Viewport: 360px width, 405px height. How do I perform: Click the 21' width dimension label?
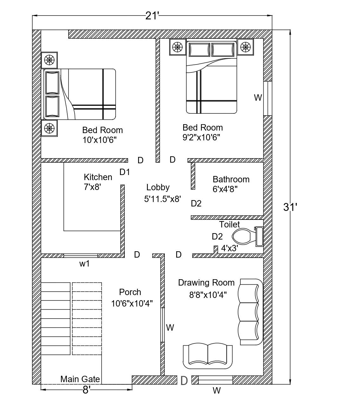[152, 16]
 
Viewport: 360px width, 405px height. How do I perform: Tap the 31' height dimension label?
[290, 207]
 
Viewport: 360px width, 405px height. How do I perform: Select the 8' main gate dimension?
[86, 390]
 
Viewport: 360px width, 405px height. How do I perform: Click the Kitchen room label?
[98, 177]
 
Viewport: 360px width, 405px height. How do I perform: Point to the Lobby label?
[158, 187]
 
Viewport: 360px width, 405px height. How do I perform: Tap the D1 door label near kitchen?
[125, 172]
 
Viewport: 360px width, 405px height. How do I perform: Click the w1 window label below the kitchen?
[84, 264]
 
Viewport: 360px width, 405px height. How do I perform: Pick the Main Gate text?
[80, 379]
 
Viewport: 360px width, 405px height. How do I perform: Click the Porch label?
[130, 292]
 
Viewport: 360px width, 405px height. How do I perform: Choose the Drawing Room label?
[206, 283]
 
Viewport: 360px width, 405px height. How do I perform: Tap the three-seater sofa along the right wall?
[251, 312]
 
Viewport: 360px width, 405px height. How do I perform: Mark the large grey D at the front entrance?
[184, 381]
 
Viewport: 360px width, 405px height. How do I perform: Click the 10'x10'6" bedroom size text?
[100, 140]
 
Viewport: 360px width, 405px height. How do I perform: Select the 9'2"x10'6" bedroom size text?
[201, 138]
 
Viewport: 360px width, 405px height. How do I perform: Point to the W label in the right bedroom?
[258, 98]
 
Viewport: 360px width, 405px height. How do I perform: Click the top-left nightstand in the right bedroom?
[177, 47]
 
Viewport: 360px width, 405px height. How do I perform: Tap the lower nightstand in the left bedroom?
[49, 128]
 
